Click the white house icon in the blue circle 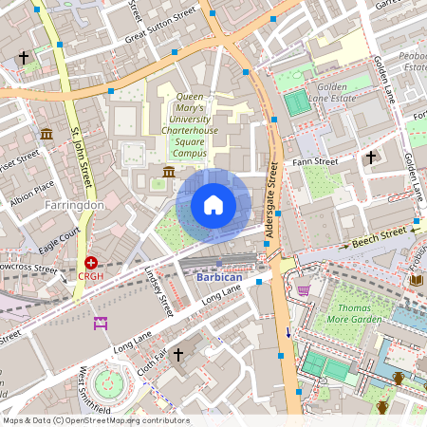click(213, 204)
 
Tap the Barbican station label click(220, 277)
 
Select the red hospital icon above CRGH click(91, 263)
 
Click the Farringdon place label click(73, 203)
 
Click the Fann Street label click(317, 162)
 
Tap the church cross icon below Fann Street click(371, 157)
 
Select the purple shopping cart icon click(304, 289)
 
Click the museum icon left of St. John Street click(46, 133)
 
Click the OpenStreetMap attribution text click(96, 419)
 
